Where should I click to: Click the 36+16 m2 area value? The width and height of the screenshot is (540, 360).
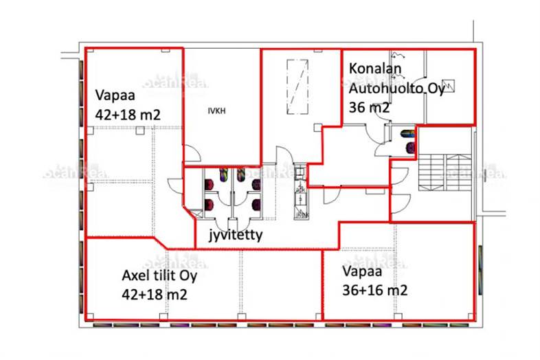(374, 290)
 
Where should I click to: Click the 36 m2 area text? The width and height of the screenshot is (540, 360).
(370, 107)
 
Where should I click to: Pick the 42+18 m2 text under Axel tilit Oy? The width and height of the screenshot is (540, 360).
(155, 295)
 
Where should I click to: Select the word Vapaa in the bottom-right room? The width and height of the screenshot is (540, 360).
(359, 271)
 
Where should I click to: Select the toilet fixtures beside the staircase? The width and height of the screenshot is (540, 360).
(407, 139)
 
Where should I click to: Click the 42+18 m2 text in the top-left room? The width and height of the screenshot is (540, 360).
(128, 115)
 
